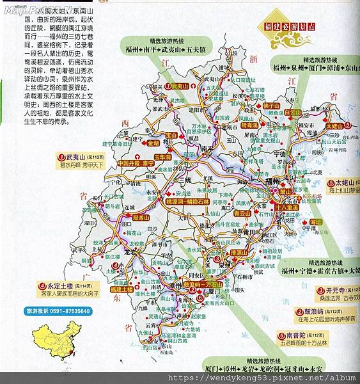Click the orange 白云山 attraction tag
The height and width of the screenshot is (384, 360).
tap(292, 112)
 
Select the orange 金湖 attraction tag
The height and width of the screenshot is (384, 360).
tap(152, 144)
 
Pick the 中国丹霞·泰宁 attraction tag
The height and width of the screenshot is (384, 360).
tap(137, 164)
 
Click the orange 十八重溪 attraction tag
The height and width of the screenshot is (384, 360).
tap(287, 207)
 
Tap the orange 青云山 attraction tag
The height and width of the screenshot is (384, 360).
tap(242, 214)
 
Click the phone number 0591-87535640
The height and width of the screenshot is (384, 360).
tap(65, 311)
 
